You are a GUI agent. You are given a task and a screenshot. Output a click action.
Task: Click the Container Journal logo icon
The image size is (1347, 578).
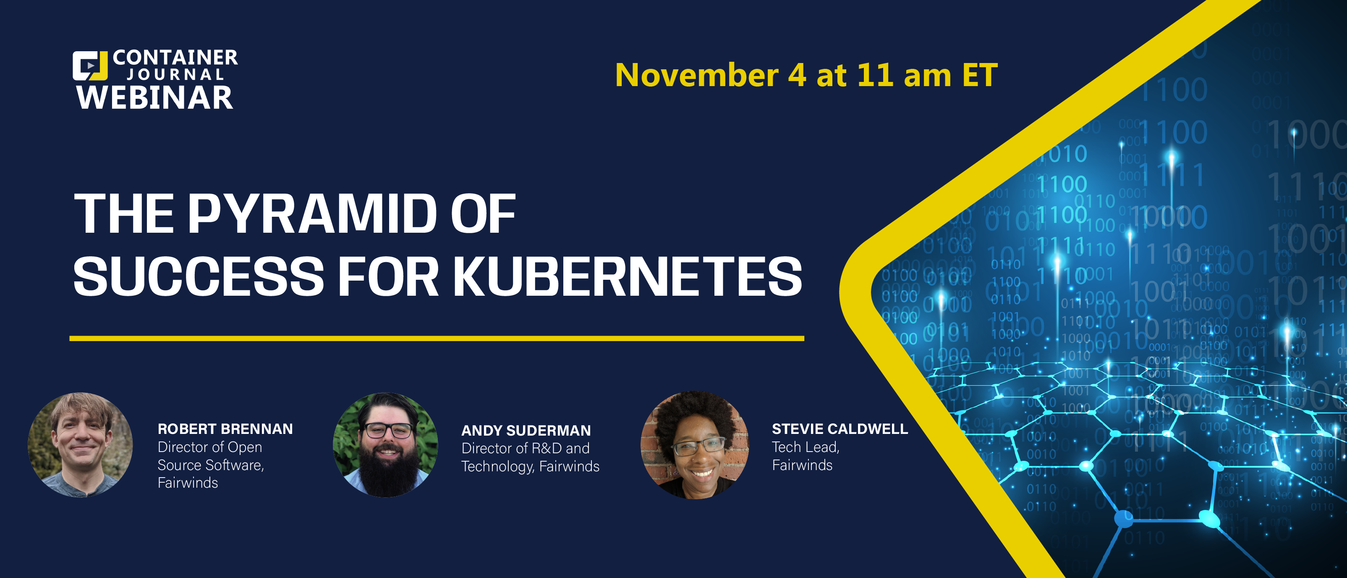(x=90, y=66)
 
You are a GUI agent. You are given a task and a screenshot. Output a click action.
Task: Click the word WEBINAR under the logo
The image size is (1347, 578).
(x=155, y=98)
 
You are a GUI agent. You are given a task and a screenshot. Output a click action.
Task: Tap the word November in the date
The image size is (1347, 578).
(x=696, y=75)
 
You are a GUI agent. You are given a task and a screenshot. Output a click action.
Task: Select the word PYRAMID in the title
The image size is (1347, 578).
(x=313, y=213)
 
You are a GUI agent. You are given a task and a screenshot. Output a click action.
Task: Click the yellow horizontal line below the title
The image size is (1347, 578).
(x=437, y=339)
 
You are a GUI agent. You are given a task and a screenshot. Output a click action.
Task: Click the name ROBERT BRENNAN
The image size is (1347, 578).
(x=225, y=429)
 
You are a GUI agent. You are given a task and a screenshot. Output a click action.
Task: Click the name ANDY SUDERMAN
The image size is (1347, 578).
(x=526, y=431)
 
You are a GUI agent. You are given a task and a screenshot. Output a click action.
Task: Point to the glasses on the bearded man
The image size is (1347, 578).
(x=388, y=431)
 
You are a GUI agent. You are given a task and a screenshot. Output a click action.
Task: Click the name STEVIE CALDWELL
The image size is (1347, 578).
(x=840, y=429)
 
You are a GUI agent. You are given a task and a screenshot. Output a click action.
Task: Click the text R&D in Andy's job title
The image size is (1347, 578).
(x=547, y=448)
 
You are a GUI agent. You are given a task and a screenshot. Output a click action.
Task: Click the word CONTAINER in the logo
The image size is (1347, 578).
(x=175, y=58)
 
